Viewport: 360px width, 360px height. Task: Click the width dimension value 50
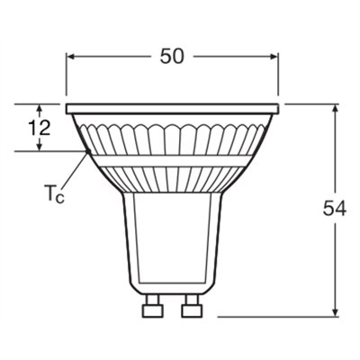pyautogui.click(x=173, y=56)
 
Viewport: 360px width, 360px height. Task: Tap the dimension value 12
pyautogui.click(x=39, y=128)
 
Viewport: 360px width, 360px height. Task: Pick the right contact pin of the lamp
pyautogui.click(x=192, y=309)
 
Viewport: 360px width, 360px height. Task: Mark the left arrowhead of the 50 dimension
pyautogui.click(x=72, y=56)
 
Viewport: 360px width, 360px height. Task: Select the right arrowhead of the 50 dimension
pyautogui.click(x=274, y=56)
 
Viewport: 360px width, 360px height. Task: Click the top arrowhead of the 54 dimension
pyautogui.click(x=335, y=110)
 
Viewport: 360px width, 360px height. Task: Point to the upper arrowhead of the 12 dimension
pyautogui.click(x=39, y=108)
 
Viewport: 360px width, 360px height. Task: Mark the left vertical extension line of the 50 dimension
pyautogui.click(x=67, y=76)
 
